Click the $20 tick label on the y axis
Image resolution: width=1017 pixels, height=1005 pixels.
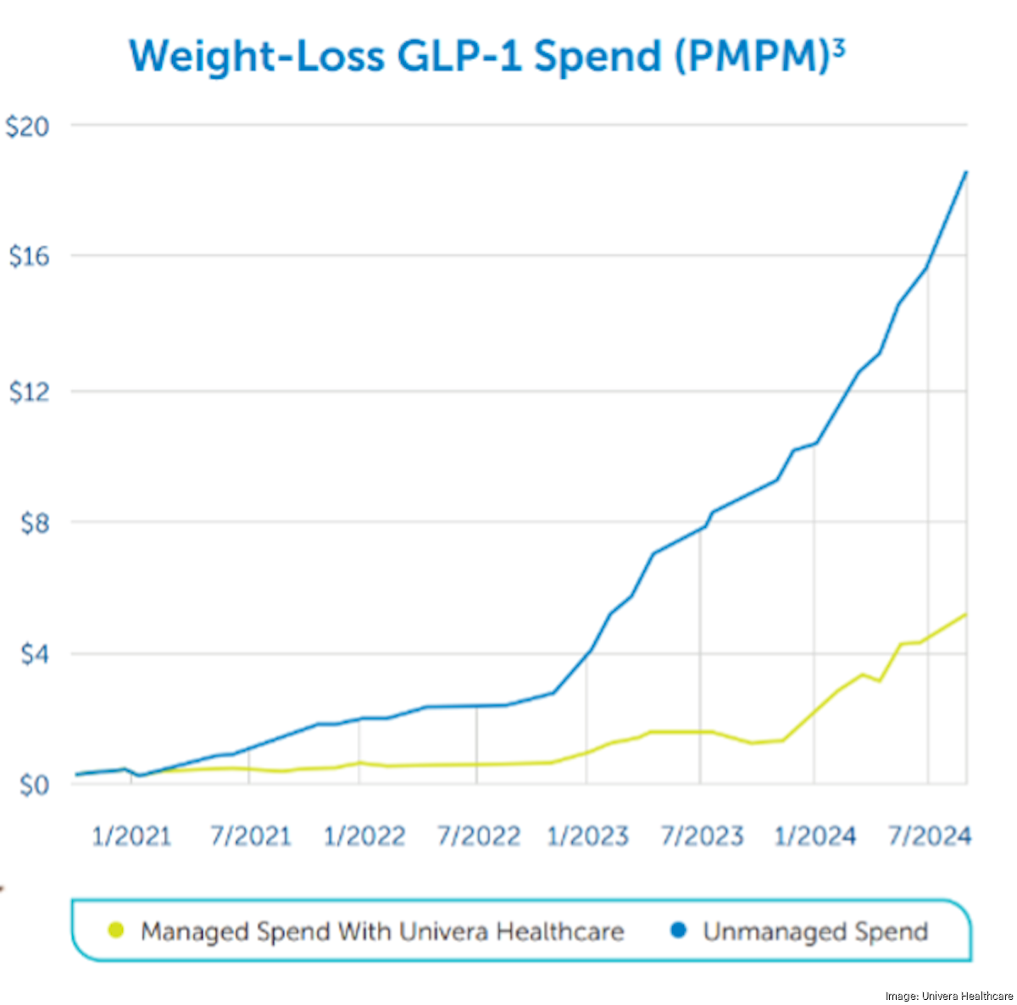[x=27, y=127]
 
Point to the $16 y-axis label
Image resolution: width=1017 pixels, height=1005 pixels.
[x=27, y=257]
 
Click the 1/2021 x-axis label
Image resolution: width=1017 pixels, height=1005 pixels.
[x=131, y=836]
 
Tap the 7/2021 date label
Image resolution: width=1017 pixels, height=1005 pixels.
[x=250, y=836]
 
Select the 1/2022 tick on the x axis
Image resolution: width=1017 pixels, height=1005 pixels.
[x=364, y=836]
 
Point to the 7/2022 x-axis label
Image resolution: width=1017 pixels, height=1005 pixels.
[x=478, y=836]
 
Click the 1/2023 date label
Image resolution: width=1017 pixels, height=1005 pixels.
[x=587, y=836]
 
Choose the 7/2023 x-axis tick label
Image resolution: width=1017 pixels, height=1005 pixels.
[x=702, y=836]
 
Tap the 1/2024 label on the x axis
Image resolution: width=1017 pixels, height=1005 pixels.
[x=815, y=836]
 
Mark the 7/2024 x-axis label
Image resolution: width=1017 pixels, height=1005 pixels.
[x=929, y=836]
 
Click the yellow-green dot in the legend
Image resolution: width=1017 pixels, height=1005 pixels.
[x=116, y=930]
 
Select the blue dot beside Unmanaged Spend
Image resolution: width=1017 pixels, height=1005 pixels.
[x=678, y=930]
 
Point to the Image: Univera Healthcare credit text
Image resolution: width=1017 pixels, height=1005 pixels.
[x=948, y=997]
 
